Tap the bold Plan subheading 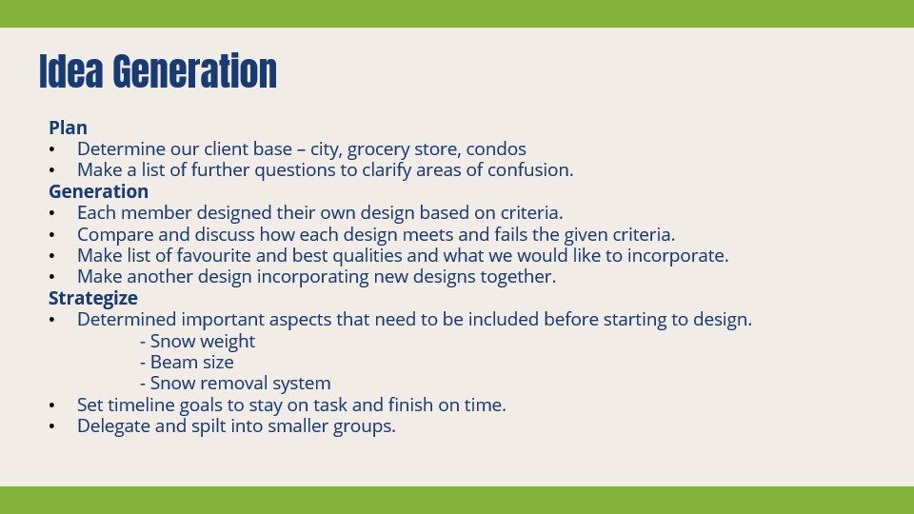click(68, 128)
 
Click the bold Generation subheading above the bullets click(98, 191)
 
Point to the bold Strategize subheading click(93, 298)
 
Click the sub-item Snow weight click(202, 341)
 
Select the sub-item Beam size click(191, 362)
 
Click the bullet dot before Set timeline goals click(52, 405)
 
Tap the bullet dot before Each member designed click(52, 213)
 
